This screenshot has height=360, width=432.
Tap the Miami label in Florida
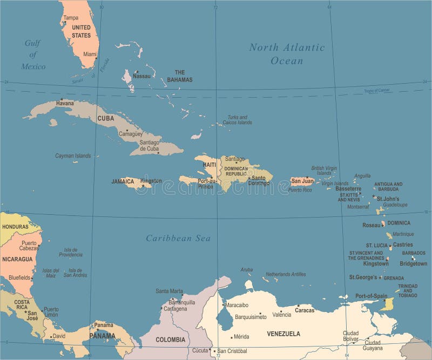pyautogui.click(x=90, y=54)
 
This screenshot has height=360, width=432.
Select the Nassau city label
pyautogui.click(x=141, y=77)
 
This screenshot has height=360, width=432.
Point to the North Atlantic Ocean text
pyautogui.click(x=287, y=54)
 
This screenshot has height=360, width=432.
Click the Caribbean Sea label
pyautogui.click(x=178, y=238)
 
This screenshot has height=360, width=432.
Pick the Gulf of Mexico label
pyautogui.click(x=33, y=55)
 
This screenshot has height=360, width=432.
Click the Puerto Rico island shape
pyautogui.click(x=302, y=181)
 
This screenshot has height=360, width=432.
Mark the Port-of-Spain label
pyautogui.click(x=371, y=296)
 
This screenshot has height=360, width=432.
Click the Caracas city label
pyautogui.click(x=305, y=311)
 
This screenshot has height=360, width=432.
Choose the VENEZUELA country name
pyautogui.click(x=283, y=334)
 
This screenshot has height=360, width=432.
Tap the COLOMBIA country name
pyautogui.click(x=170, y=339)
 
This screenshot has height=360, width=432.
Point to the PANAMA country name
pyautogui.click(x=103, y=336)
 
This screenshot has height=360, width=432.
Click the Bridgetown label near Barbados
pyautogui.click(x=413, y=264)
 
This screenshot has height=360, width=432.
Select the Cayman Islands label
pyautogui.click(x=73, y=155)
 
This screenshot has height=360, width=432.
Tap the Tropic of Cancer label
pyautogui.click(x=376, y=91)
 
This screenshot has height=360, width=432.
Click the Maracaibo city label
pyautogui.click(x=237, y=305)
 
